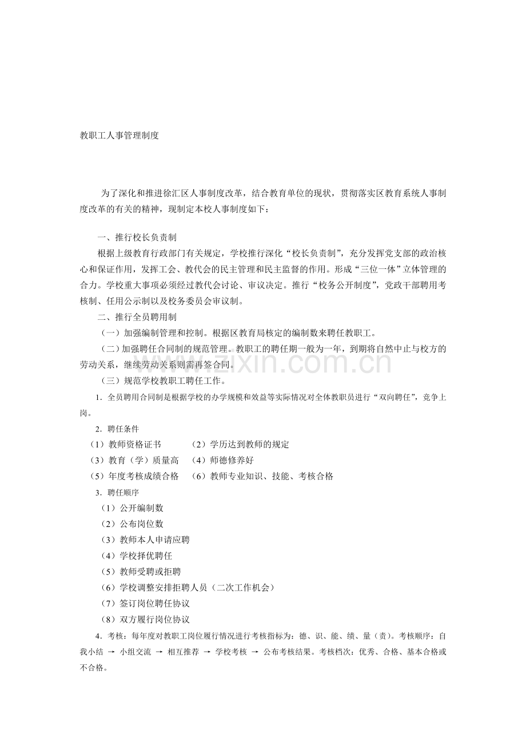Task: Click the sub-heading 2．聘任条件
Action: (117, 429)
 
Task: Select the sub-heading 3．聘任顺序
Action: (117, 492)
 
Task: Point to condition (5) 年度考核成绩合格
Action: (134, 476)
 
